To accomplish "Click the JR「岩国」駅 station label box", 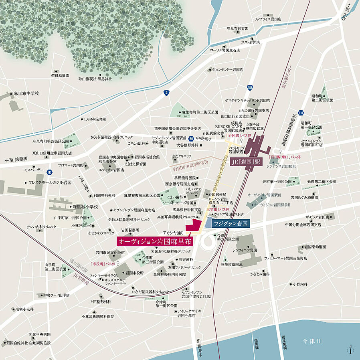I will click(x=245, y=163).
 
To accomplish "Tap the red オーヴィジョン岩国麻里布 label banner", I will click(x=155, y=241).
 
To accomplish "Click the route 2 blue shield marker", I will click(x=166, y=93).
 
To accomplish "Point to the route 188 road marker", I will click(x=250, y=87).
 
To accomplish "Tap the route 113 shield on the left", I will click(x=49, y=172).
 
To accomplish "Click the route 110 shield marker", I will click(x=301, y=113).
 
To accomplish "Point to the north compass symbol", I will click(x=351, y=350).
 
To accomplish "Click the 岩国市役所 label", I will click(x=134, y=273).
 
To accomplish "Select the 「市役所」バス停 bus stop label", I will click(x=105, y=264).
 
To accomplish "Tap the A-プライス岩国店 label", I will click(x=268, y=19).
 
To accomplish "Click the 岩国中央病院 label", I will click(x=40, y=334).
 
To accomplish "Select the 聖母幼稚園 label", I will click(x=60, y=75).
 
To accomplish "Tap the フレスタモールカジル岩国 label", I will click(x=50, y=182).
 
